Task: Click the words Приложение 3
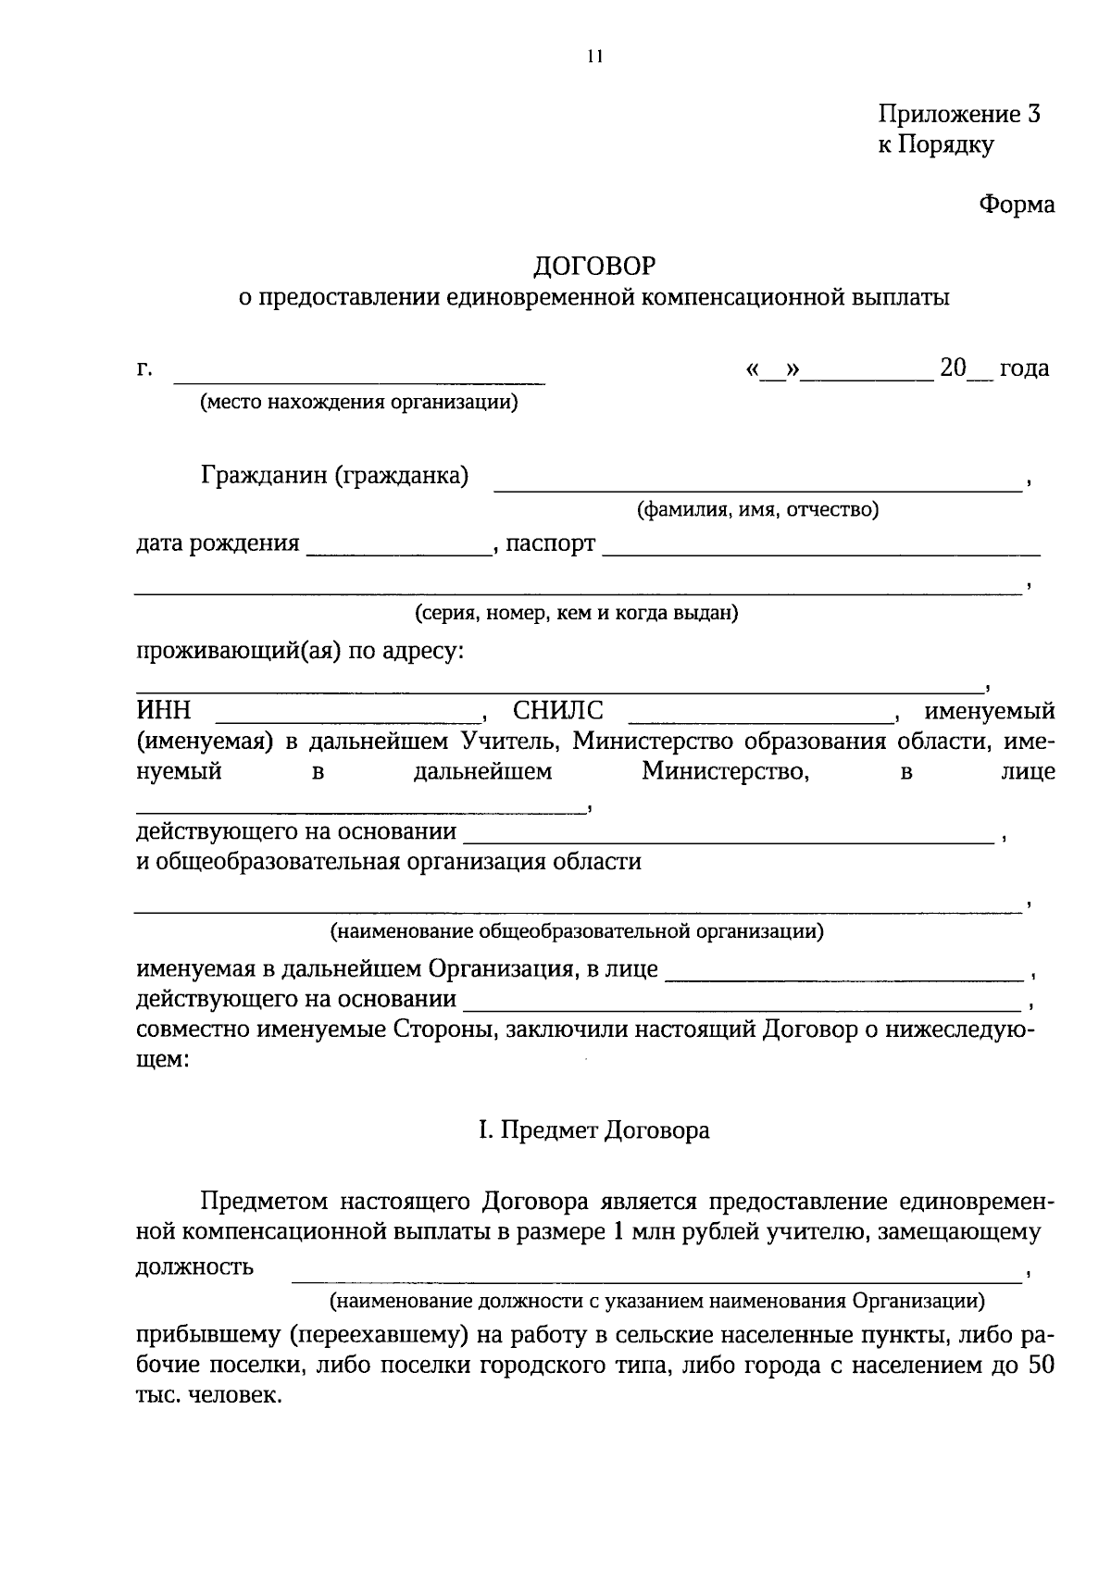[x=959, y=115]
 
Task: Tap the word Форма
[x=1017, y=205]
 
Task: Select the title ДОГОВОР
[x=593, y=267]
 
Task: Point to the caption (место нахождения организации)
[x=357, y=403]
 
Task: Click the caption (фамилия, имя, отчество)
[x=757, y=509]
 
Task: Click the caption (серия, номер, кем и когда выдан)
[x=576, y=613]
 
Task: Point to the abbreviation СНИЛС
[x=558, y=711]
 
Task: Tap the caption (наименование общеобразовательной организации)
[x=577, y=930]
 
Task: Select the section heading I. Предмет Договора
[x=593, y=1130]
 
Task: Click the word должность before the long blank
[x=195, y=1266]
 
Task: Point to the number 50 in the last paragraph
[x=1041, y=1366]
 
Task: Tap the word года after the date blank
[x=1024, y=368]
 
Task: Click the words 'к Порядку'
[x=936, y=145]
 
